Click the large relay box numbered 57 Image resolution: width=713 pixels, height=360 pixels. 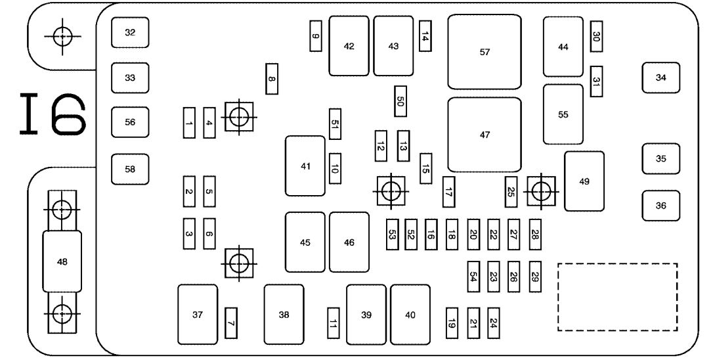tap(485, 52)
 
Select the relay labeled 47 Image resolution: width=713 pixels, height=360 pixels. tap(485, 135)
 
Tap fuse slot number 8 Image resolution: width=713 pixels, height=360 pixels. tap(271, 79)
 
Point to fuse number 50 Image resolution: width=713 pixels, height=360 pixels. tap(400, 101)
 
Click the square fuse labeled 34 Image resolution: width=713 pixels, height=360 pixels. tap(660, 78)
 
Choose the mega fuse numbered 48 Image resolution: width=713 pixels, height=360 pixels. tap(62, 261)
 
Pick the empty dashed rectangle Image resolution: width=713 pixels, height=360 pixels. tap(618, 297)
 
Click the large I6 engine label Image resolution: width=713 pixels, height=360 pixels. tap(53, 114)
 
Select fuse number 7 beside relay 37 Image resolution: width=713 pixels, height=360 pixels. tap(231, 323)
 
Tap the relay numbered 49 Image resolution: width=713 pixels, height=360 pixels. tap(584, 181)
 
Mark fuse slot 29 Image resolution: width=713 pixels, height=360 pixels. tap(535, 277)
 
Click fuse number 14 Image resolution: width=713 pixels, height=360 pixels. tap(425, 36)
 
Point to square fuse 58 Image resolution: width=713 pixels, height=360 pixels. tap(130, 169)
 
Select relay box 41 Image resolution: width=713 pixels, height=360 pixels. tap(305, 166)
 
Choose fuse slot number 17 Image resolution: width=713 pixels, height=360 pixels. tap(448, 192)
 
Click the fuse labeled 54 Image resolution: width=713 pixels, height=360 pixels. tap(473, 277)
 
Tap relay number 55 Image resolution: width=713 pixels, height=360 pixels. tap(563, 114)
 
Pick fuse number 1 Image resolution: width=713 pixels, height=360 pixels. tap(189, 123)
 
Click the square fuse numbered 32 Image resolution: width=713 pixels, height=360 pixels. tap(130, 32)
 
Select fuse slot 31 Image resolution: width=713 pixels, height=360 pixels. tap(596, 81)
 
